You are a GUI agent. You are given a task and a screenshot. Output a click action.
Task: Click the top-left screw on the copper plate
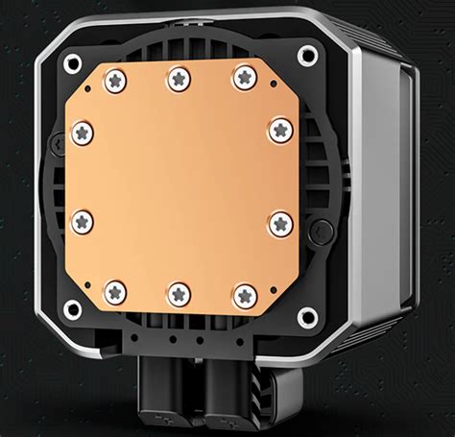click(114, 80)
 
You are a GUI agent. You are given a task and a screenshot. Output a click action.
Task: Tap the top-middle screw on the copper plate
click(180, 78)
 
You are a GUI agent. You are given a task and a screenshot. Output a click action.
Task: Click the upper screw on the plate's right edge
click(279, 130)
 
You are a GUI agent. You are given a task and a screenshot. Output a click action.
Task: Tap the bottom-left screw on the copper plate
click(115, 291)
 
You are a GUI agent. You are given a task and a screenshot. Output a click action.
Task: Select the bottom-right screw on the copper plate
click(245, 295)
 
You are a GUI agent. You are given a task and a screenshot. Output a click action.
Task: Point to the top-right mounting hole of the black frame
click(307, 55)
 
